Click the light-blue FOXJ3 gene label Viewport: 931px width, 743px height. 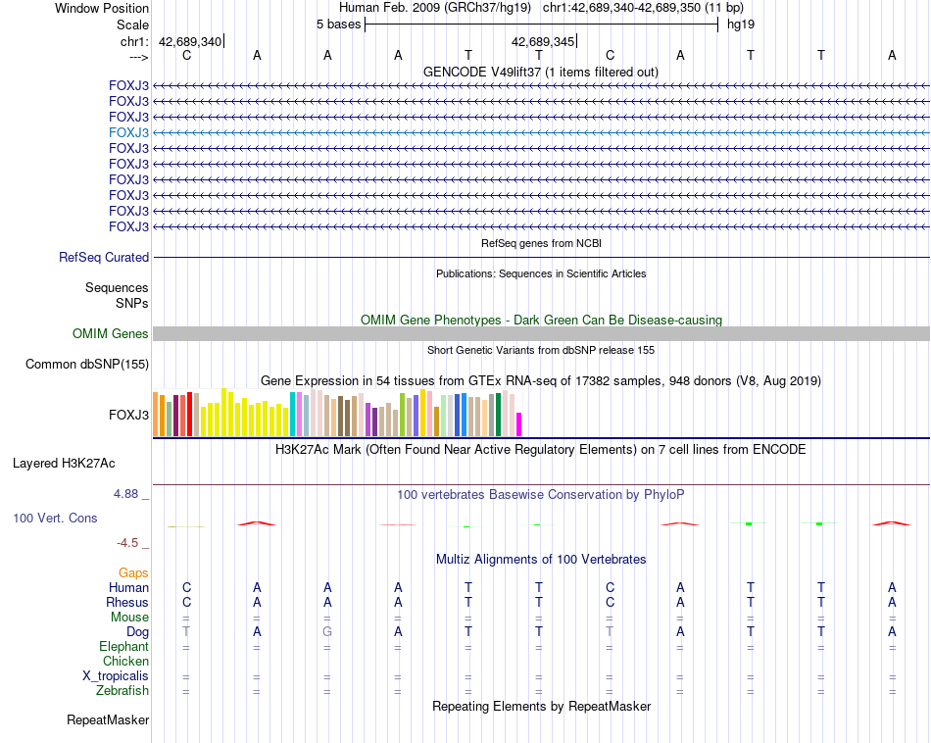pyautogui.click(x=129, y=132)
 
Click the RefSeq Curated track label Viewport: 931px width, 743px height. pyautogui.click(x=104, y=258)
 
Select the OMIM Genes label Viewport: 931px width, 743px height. pyautogui.click(x=111, y=334)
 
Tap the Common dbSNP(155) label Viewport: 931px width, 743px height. pyautogui.click(x=87, y=365)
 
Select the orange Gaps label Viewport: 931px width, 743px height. pyautogui.click(x=133, y=572)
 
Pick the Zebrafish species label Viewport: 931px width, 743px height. pyautogui.click(x=124, y=691)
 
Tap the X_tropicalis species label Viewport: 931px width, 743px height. pyautogui.click(x=116, y=676)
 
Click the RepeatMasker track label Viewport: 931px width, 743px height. pyautogui.click(x=108, y=720)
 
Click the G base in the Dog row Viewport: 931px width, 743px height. pyautogui.click(x=327, y=632)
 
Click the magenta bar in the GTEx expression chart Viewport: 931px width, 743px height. pyautogui.click(x=519, y=424)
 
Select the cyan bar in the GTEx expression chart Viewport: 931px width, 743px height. pyautogui.click(x=293, y=414)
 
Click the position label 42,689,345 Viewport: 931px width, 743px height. pyautogui.click(x=542, y=41)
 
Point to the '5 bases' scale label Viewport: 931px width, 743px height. pyautogui.click(x=338, y=24)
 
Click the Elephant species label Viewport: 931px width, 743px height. pyautogui.click(x=123, y=647)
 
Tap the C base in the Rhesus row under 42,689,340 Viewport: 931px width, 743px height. pyautogui.click(x=186, y=602)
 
